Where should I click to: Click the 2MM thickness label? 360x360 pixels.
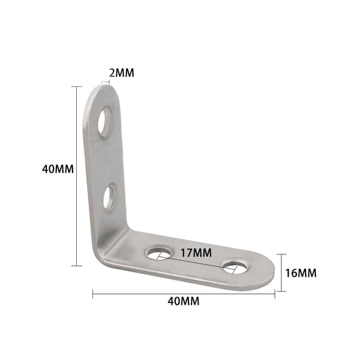coord(121,73)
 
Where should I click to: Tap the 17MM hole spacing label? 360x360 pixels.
coord(196,253)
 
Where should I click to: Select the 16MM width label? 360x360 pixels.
coord(301,273)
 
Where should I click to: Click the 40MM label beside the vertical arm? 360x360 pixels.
coord(58,169)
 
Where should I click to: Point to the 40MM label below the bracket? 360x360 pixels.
coord(184,301)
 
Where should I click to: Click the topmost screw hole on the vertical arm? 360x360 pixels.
coord(104,122)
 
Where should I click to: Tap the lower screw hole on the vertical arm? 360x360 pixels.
coord(109,197)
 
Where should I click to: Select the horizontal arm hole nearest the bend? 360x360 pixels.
coord(158,253)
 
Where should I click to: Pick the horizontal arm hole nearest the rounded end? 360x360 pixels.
coord(235,267)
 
